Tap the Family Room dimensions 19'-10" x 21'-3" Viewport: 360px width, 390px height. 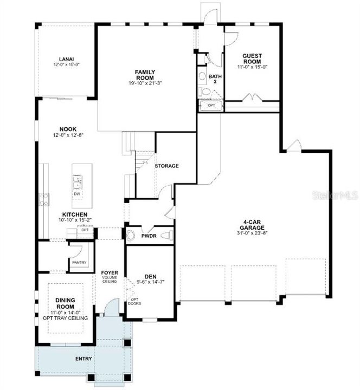point(146,82)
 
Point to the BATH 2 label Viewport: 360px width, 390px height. point(215,80)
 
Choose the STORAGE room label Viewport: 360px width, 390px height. point(166,166)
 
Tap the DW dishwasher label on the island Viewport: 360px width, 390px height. point(77,193)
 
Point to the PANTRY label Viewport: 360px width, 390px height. point(79,262)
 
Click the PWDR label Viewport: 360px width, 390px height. point(149,236)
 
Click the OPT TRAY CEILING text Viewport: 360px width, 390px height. point(68,317)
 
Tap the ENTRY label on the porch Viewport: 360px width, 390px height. point(83,359)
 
